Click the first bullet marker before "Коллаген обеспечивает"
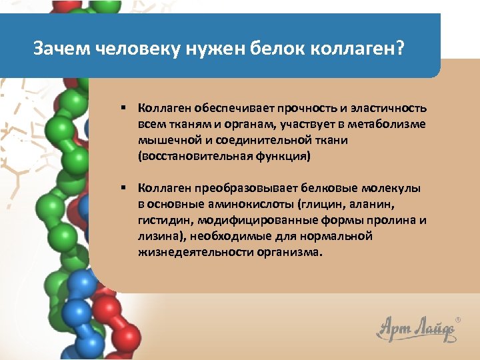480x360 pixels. coord(124,108)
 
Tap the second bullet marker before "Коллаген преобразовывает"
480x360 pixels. coord(124,188)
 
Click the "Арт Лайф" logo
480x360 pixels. coord(413,327)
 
